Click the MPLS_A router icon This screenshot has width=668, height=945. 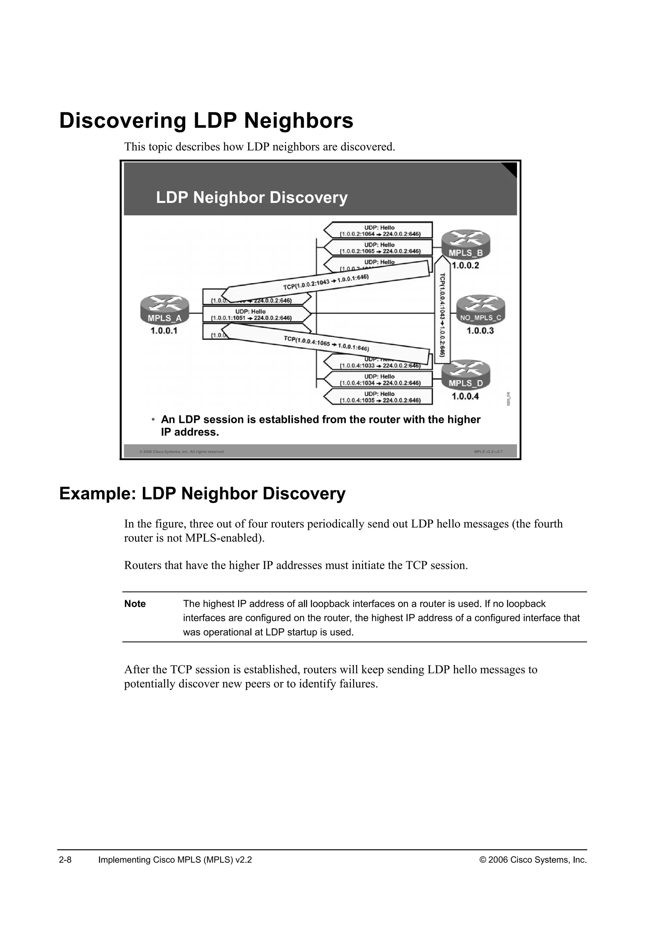click(164, 309)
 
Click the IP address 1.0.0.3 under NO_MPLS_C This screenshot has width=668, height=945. click(480, 331)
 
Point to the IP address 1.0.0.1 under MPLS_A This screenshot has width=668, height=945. click(164, 331)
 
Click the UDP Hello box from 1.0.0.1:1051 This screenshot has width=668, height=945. click(252, 315)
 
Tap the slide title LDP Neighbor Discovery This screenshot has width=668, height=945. click(252, 197)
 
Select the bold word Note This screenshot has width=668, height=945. click(135, 604)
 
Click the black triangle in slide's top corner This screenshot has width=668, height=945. click(511, 168)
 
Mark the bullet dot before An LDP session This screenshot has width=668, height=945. click(153, 419)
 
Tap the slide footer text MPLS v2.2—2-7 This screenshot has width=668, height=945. click(488, 452)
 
